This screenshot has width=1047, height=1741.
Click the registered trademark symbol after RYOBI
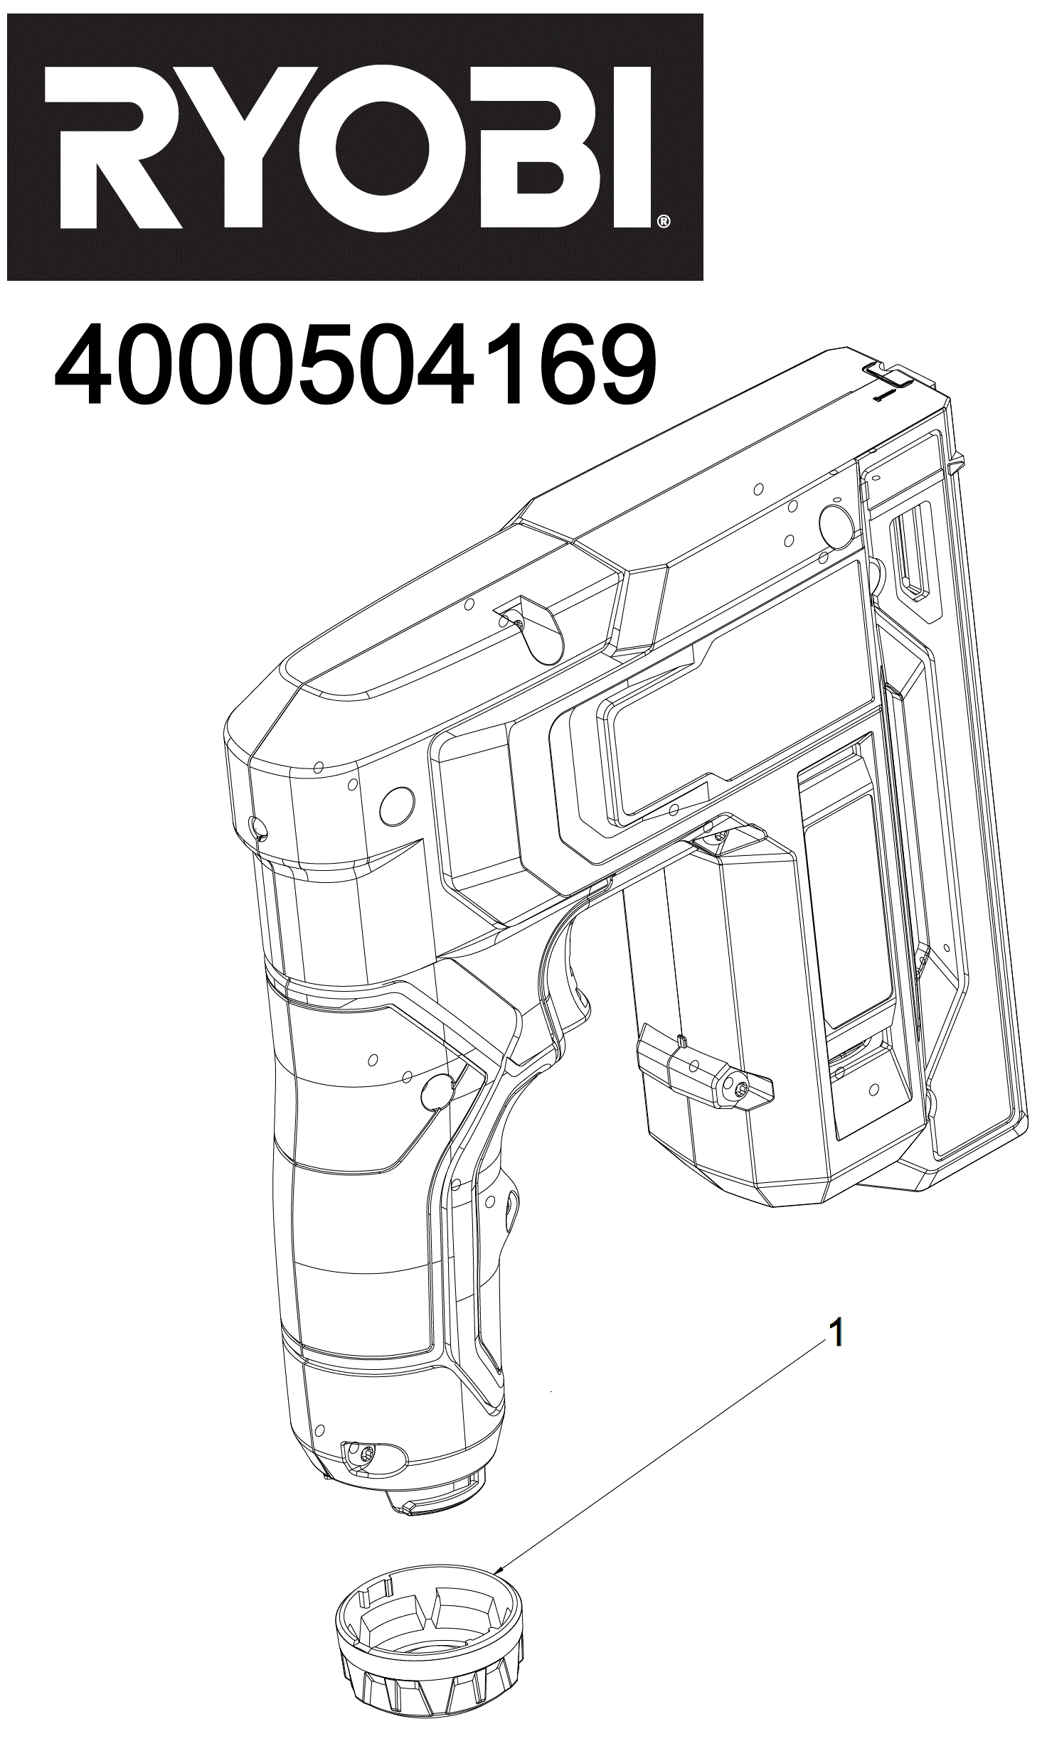tap(663, 222)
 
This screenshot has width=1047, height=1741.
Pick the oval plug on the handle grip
tap(437, 1091)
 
